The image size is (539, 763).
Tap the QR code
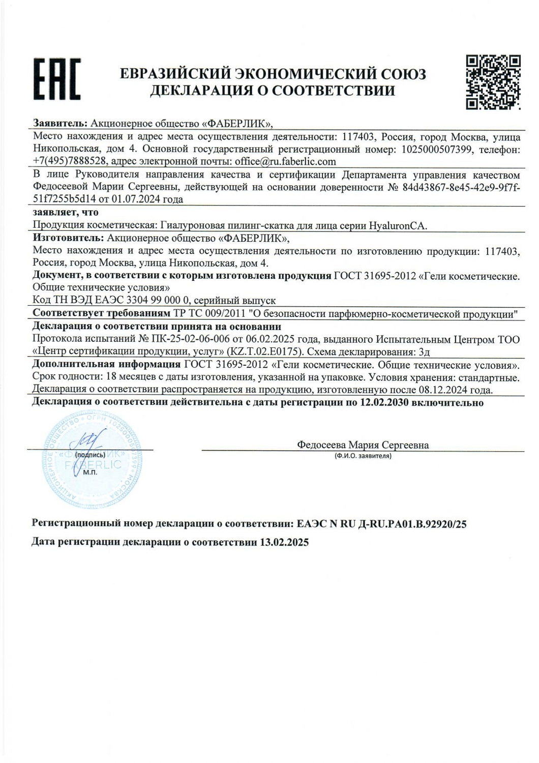pyautogui.click(x=494, y=82)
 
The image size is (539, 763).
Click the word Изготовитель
pyautogui.click(x=68, y=238)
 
